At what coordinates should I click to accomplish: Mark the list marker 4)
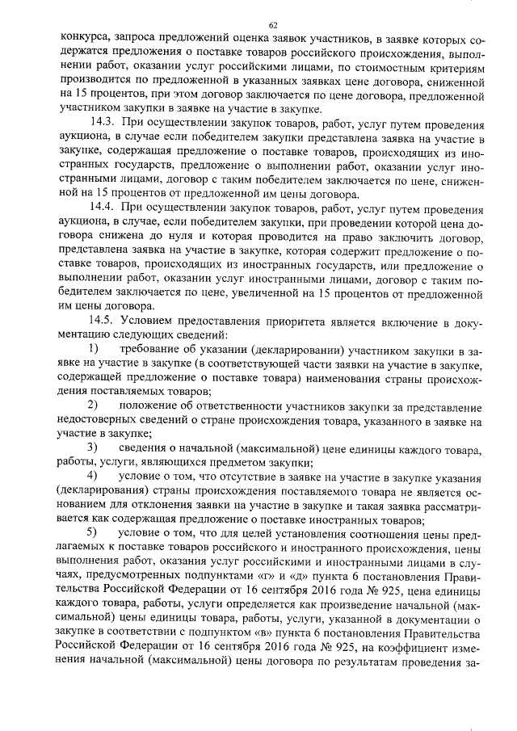[x=95, y=477]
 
